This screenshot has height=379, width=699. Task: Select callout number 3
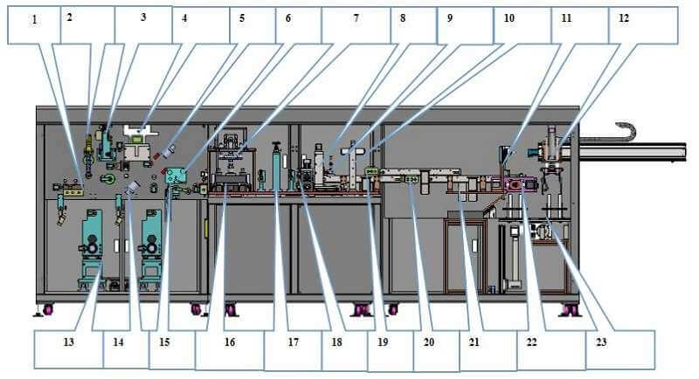(x=142, y=17)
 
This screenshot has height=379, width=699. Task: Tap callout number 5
(x=242, y=17)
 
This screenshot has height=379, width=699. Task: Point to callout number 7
(x=356, y=17)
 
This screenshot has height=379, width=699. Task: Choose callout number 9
(x=451, y=17)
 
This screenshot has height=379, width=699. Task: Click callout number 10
(x=509, y=17)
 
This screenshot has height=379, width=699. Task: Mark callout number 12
(x=622, y=17)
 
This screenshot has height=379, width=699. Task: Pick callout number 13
(x=68, y=341)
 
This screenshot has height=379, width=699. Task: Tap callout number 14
(x=118, y=341)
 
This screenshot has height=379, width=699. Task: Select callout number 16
(x=230, y=341)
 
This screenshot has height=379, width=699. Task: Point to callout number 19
(x=382, y=341)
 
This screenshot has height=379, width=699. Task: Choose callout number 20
(x=428, y=341)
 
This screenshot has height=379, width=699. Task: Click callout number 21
(x=474, y=341)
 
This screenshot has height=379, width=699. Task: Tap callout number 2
(x=70, y=17)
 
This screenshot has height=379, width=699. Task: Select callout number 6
(x=289, y=17)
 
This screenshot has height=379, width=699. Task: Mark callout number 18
(x=338, y=341)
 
